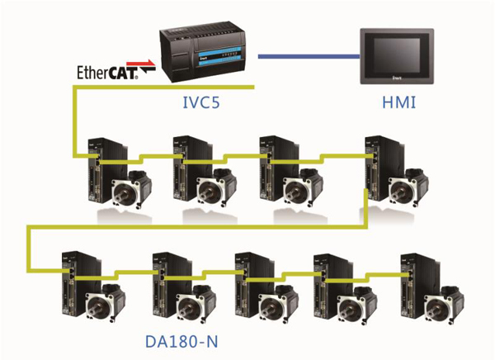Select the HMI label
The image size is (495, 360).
coord(396,105)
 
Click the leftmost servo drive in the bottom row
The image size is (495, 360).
coord(74,277)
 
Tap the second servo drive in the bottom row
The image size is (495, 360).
coord(164,277)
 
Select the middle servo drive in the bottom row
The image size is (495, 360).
coord(247,277)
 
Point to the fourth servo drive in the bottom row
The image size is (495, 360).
coord(328,277)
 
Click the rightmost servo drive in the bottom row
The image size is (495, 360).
coord(412,277)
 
